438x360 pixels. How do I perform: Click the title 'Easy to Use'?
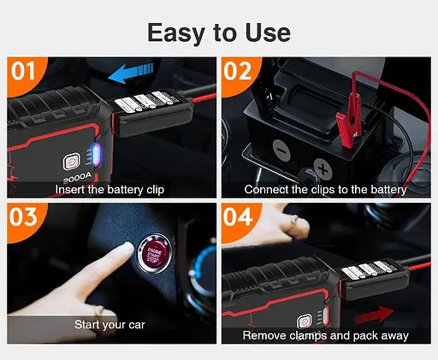coord(218,32)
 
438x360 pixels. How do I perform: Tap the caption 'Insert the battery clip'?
coord(109,189)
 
